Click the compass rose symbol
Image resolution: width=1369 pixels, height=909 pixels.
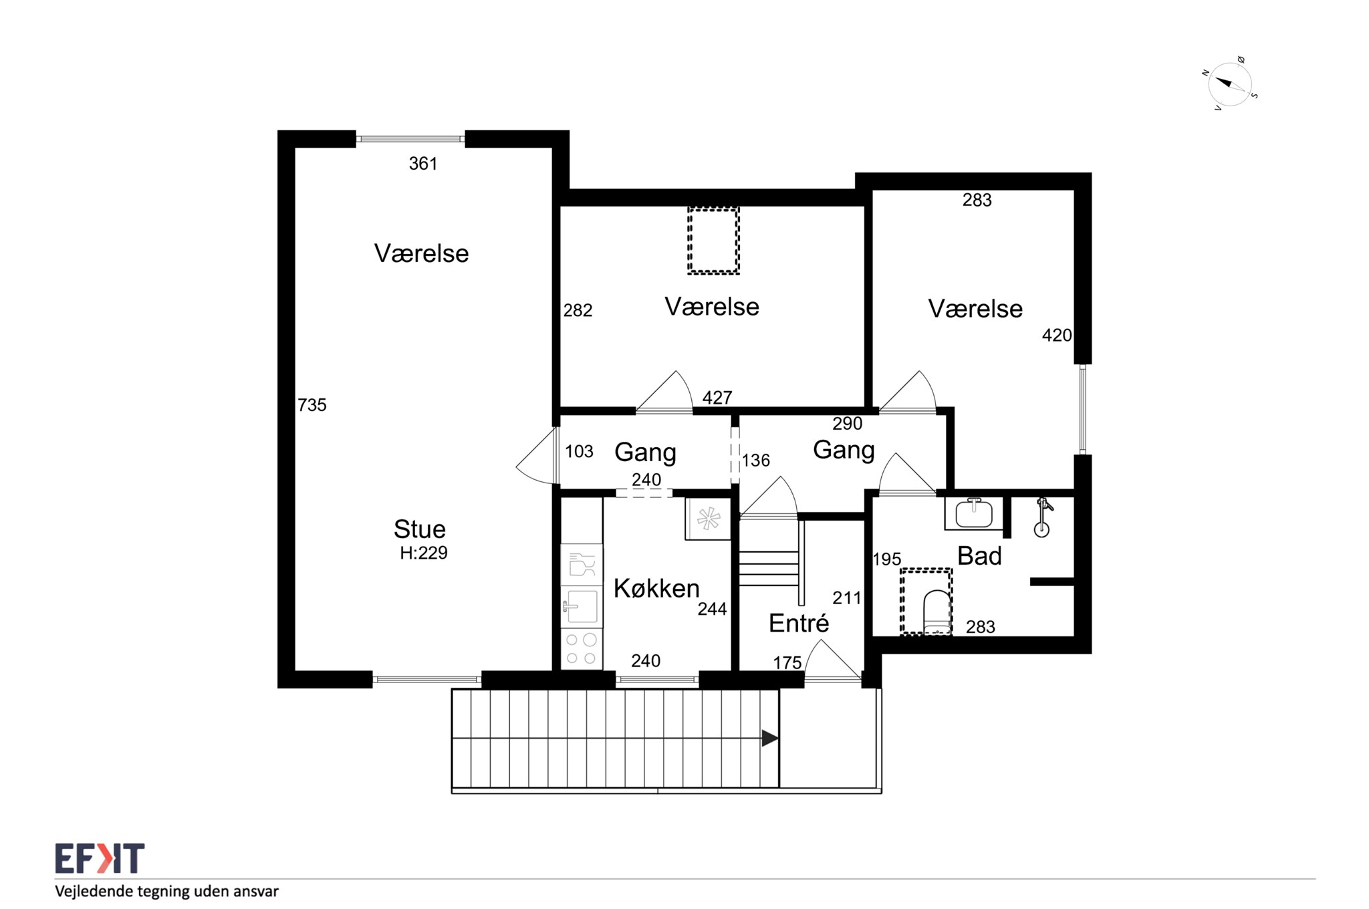pyautogui.click(x=1230, y=84)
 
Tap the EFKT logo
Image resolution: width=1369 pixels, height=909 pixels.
pyautogui.click(x=100, y=858)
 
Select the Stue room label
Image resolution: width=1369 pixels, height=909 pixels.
pyautogui.click(x=419, y=529)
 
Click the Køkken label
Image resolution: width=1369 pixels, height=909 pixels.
pyautogui.click(x=656, y=588)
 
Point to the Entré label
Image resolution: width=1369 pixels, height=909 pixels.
pyautogui.click(x=799, y=623)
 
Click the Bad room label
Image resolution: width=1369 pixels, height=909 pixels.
pyautogui.click(x=979, y=555)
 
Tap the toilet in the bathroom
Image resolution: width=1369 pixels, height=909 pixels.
pyautogui.click(x=937, y=611)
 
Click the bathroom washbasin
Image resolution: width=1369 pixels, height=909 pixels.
pyautogui.click(x=973, y=513)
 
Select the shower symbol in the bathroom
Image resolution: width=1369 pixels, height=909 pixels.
pyautogui.click(x=1042, y=517)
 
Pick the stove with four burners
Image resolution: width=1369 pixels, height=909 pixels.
pyautogui.click(x=582, y=648)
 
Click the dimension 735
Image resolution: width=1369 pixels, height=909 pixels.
pyautogui.click(x=312, y=405)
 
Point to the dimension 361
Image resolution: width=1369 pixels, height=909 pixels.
pyautogui.click(x=423, y=164)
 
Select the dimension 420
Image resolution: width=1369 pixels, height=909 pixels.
pyautogui.click(x=1057, y=336)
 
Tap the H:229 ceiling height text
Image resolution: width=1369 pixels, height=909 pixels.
pyautogui.click(x=424, y=553)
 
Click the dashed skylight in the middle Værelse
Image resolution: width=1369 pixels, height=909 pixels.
pyautogui.click(x=713, y=241)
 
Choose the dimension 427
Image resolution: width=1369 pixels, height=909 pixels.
pyautogui.click(x=717, y=398)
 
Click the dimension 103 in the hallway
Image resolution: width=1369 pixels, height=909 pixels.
pyautogui.click(x=579, y=452)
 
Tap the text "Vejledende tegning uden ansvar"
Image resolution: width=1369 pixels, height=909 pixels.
pyautogui.click(x=166, y=892)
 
